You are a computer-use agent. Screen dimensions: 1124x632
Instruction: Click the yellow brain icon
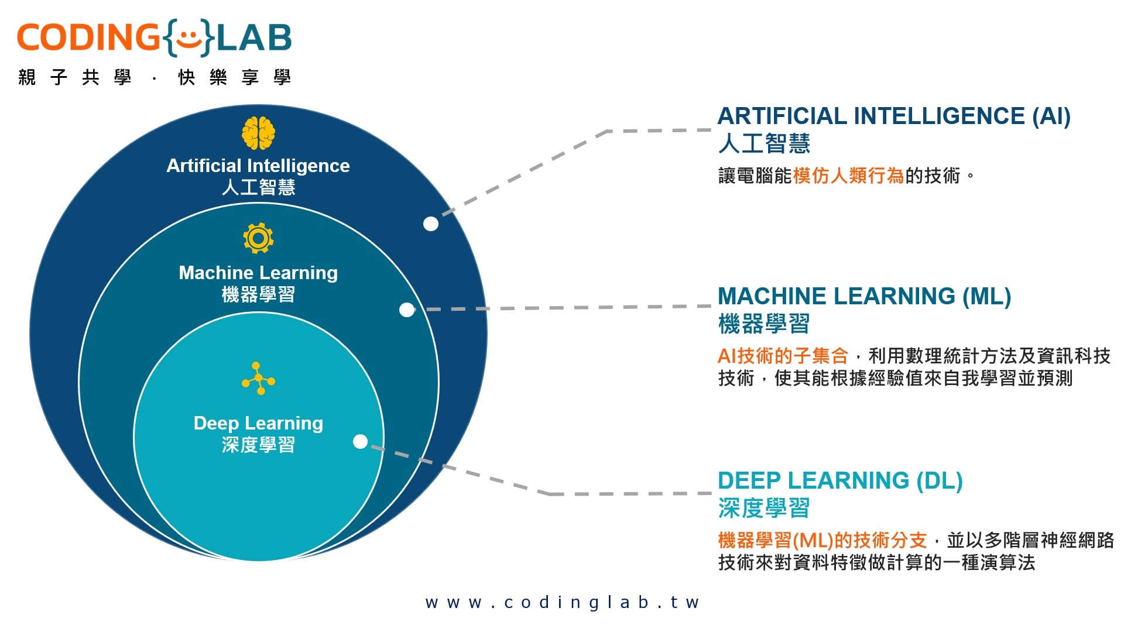click(x=258, y=133)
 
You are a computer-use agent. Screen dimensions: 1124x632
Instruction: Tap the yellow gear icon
click(x=258, y=238)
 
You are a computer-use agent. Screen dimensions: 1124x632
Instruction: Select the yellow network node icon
click(x=258, y=379)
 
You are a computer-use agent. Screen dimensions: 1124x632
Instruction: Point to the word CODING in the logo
click(x=88, y=37)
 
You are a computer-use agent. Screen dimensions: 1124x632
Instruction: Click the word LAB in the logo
click(x=254, y=37)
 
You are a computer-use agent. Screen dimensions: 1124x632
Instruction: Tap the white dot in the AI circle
click(x=431, y=224)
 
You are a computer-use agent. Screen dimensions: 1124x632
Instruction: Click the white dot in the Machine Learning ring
click(x=406, y=310)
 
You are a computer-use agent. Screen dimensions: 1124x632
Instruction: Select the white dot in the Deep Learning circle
click(x=361, y=441)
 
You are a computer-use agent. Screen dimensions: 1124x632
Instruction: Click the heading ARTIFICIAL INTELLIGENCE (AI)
click(x=894, y=116)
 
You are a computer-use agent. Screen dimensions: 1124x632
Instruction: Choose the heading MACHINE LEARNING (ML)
click(x=864, y=296)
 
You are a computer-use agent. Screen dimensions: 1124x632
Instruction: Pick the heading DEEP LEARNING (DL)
click(x=840, y=480)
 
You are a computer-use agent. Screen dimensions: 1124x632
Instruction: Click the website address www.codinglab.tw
click(x=562, y=602)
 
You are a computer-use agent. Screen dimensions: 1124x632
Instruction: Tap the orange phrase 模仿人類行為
click(x=848, y=176)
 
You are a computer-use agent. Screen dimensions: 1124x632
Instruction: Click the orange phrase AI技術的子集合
click(x=783, y=355)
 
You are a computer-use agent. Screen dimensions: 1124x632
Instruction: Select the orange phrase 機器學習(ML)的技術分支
click(x=823, y=540)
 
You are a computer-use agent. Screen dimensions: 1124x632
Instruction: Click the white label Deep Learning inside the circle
click(x=258, y=423)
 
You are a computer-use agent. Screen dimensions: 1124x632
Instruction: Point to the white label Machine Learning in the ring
click(x=258, y=273)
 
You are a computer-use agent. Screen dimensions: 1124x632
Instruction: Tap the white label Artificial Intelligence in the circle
click(x=258, y=166)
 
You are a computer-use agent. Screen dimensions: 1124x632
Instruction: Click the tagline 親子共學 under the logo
click(x=75, y=77)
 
